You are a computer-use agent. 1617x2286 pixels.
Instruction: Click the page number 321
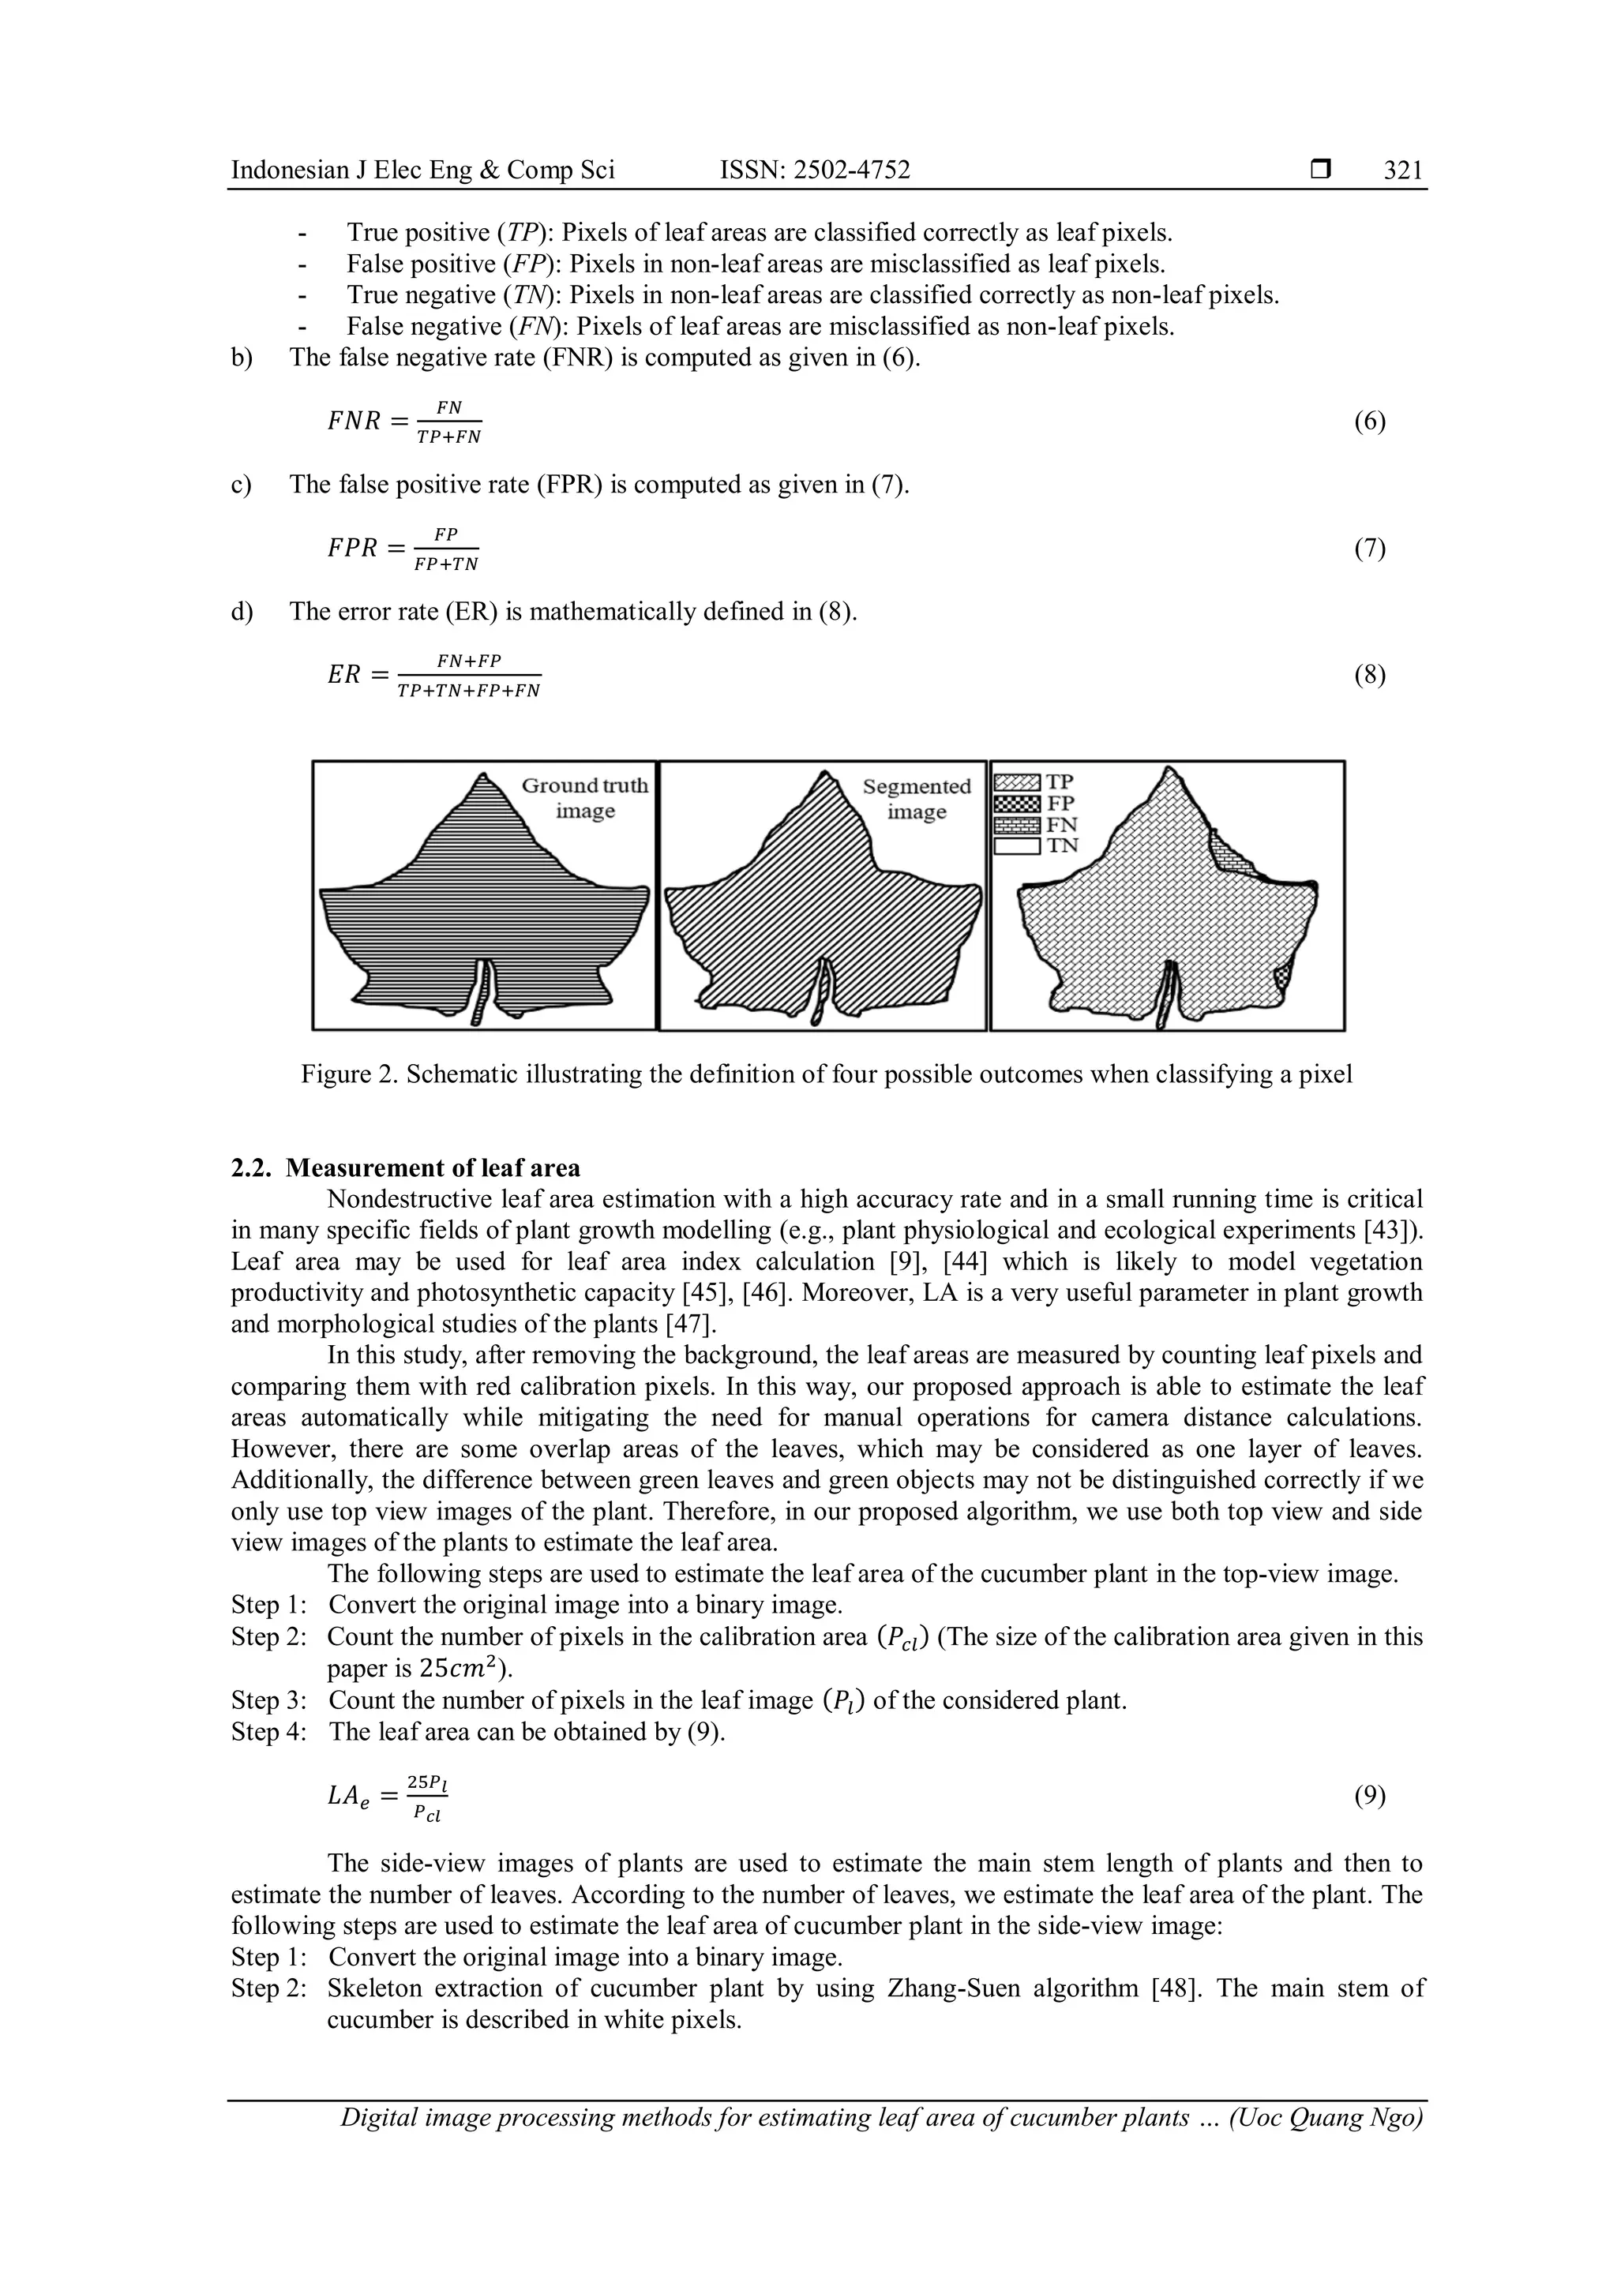[1403, 171]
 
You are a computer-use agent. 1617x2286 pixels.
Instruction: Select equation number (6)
[1369, 422]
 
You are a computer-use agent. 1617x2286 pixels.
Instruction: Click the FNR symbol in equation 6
[354, 422]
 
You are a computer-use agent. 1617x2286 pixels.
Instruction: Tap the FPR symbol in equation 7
[352, 549]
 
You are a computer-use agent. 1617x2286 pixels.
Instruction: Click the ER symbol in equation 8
[343, 675]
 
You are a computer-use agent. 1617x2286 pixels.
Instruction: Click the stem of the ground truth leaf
[482, 991]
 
